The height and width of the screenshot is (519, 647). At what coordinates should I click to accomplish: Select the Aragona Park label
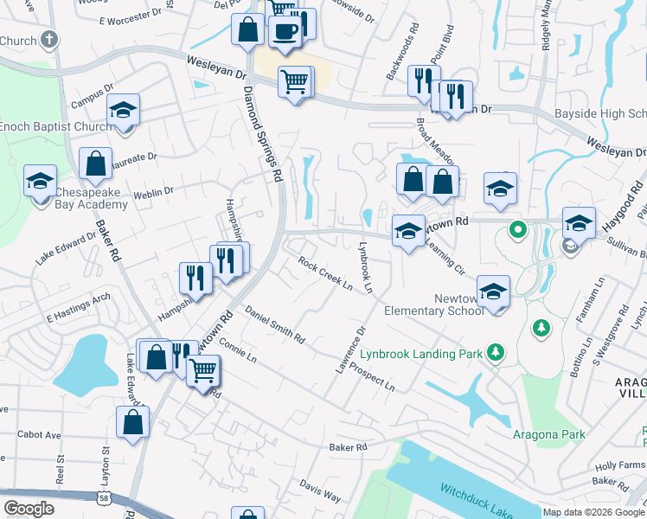[548, 434]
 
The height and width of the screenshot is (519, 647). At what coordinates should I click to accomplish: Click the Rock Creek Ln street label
[326, 272]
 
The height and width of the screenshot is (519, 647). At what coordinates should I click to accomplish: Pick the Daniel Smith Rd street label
[275, 324]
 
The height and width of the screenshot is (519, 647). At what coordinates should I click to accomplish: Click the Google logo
[29, 508]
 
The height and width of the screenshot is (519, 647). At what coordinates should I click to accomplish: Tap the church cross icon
[50, 40]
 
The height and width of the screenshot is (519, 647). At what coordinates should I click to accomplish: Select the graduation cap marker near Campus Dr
[124, 112]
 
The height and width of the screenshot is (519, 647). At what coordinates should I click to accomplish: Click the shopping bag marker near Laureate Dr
[95, 163]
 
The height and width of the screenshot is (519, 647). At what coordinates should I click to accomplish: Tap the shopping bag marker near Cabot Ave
[132, 422]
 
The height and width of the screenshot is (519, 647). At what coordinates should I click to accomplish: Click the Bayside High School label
[599, 113]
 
